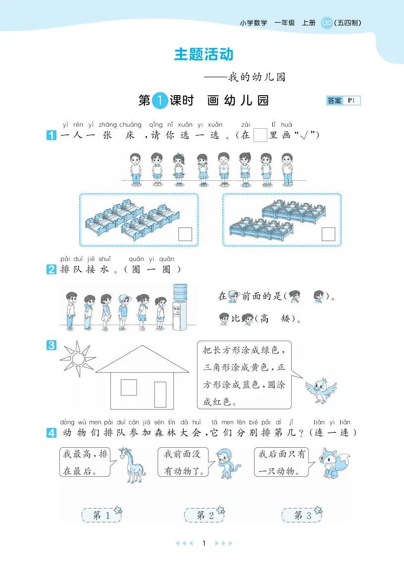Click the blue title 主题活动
203,54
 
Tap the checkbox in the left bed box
185,234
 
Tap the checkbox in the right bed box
328,234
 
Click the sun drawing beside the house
78,359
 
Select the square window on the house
129,387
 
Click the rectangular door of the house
160,395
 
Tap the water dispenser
180,307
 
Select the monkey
228,464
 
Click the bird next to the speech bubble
320,391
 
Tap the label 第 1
102,515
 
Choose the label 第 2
204,515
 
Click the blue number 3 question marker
51,345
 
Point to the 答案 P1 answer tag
343,101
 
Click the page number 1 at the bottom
204,543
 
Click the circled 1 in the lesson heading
159,101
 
